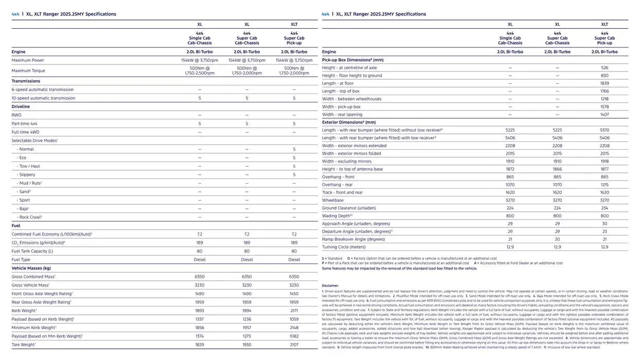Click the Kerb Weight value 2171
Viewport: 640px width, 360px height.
pos(294,311)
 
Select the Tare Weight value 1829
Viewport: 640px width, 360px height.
pos(200,345)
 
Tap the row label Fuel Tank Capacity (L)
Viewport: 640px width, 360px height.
pos(32,251)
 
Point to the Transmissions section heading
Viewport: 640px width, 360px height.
pos(26,81)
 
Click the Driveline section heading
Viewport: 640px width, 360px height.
pos(21,106)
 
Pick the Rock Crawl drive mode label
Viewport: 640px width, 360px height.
pos(30,217)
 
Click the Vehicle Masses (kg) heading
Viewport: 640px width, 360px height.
pos(31,268)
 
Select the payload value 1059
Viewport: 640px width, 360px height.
pos(294,319)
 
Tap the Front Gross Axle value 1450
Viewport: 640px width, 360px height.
pos(294,294)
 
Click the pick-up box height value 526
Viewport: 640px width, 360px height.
pos(605,68)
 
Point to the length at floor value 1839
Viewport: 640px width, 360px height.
pos(605,83)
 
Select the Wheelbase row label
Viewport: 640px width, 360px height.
pos(333,200)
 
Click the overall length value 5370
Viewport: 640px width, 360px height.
pos(605,130)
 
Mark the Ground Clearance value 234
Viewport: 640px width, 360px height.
pos(605,208)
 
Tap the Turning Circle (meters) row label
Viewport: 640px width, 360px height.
pos(344,247)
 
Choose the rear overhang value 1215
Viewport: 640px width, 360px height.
pos(605,185)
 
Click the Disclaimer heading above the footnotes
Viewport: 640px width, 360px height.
pos(330,285)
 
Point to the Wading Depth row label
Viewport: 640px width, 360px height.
pos(337,216)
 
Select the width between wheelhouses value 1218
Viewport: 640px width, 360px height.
pos(605,99)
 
